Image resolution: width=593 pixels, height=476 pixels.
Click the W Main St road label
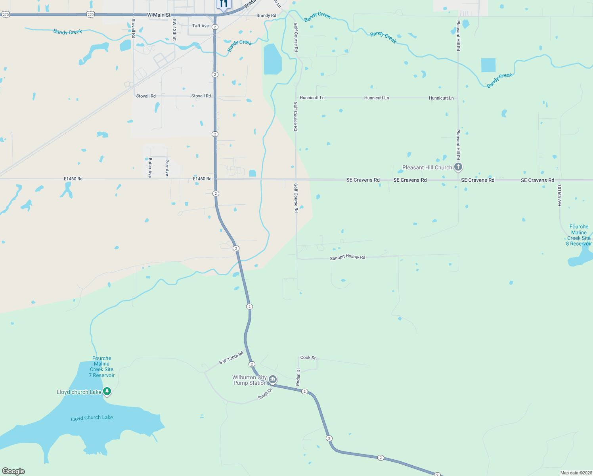(159, 15)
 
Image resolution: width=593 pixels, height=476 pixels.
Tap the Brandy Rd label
(266, 15)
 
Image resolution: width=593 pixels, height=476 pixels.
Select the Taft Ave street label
(201, 26)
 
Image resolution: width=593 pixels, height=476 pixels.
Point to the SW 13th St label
(174, 30)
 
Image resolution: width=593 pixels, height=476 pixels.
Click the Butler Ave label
(150, 167)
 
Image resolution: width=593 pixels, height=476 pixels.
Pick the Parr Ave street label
(167, 167)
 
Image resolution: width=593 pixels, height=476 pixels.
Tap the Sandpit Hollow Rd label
(348, 257)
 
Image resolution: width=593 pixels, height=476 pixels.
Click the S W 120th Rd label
(231, 357)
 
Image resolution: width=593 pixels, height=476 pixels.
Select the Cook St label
(308, 357)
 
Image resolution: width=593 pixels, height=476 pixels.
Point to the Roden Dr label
(298, 377)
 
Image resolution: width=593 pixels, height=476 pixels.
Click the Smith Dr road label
(265, 393)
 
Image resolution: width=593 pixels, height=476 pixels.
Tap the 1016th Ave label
(559, 196)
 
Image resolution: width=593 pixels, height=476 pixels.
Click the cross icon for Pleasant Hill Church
(458, 167)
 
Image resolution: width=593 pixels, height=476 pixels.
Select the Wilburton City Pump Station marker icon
(273, 380)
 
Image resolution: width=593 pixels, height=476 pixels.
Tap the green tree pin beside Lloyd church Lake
(107, 392)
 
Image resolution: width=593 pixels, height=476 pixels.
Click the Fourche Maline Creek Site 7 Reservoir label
(102, 367)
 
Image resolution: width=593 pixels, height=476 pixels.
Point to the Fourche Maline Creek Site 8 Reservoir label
(579, 235)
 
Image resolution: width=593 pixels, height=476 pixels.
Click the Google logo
(13, 471)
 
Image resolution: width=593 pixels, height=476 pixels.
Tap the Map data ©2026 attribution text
(576, 473)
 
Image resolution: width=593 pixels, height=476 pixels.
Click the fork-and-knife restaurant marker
(224, 4)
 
